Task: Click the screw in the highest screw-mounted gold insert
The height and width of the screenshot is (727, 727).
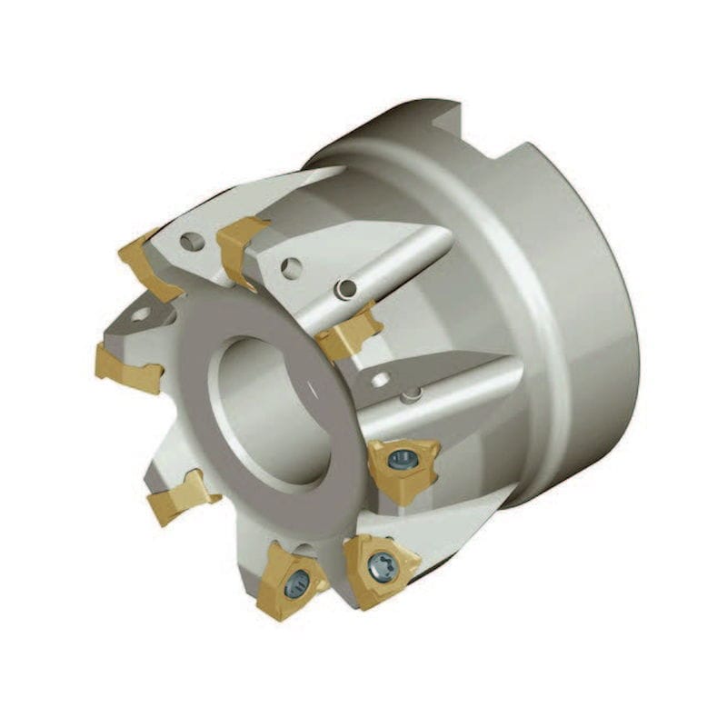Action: pyautogui.click(x=401, y=461)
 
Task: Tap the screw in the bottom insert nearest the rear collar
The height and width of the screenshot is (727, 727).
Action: pyautogui.click(x=381, y=568)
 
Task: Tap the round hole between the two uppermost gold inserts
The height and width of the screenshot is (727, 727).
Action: pyautogui.click(x=190, y=243)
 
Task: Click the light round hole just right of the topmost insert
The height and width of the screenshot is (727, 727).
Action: pyautogui.click(x=291, y=267)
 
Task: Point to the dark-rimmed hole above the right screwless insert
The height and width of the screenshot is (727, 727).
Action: pyautogui.click(x=345, y=289)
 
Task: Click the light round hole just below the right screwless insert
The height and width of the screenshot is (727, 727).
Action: pyautogui.click(x=381, y=379)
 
